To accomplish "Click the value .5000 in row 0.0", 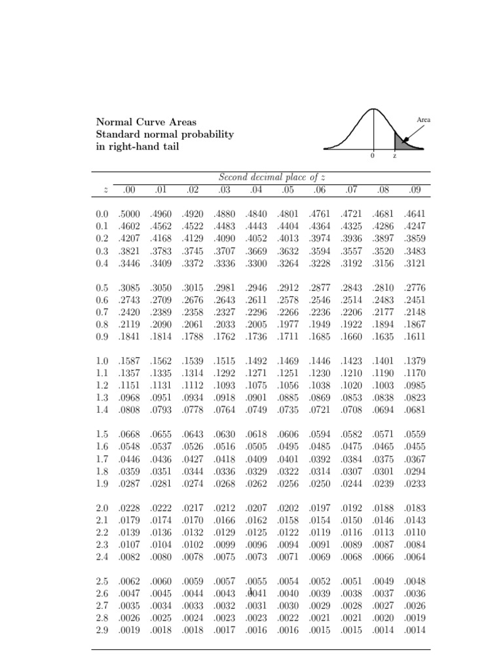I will (x=129, y=214).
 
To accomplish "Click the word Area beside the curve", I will (x=423, y=120).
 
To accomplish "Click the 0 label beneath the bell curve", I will (x=373, y=157).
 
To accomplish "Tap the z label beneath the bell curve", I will (x=394, y=157).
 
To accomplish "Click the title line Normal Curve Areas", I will (x=146, y=122).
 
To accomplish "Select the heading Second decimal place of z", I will (x=272, y=177).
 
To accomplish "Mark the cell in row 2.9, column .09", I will (x=415, y=630).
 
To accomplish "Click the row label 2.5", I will (x=102, y=581).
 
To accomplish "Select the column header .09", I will (x=415, y=190).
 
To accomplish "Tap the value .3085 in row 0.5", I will (x=129, y=287).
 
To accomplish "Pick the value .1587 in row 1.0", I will (x=129, y=360).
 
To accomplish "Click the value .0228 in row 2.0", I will (x=129, y=507).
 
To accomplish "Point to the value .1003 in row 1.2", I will (x=382, y=385).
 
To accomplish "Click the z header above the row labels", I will (x=105, y=191).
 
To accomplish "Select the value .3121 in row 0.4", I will (x=415, y=263).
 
